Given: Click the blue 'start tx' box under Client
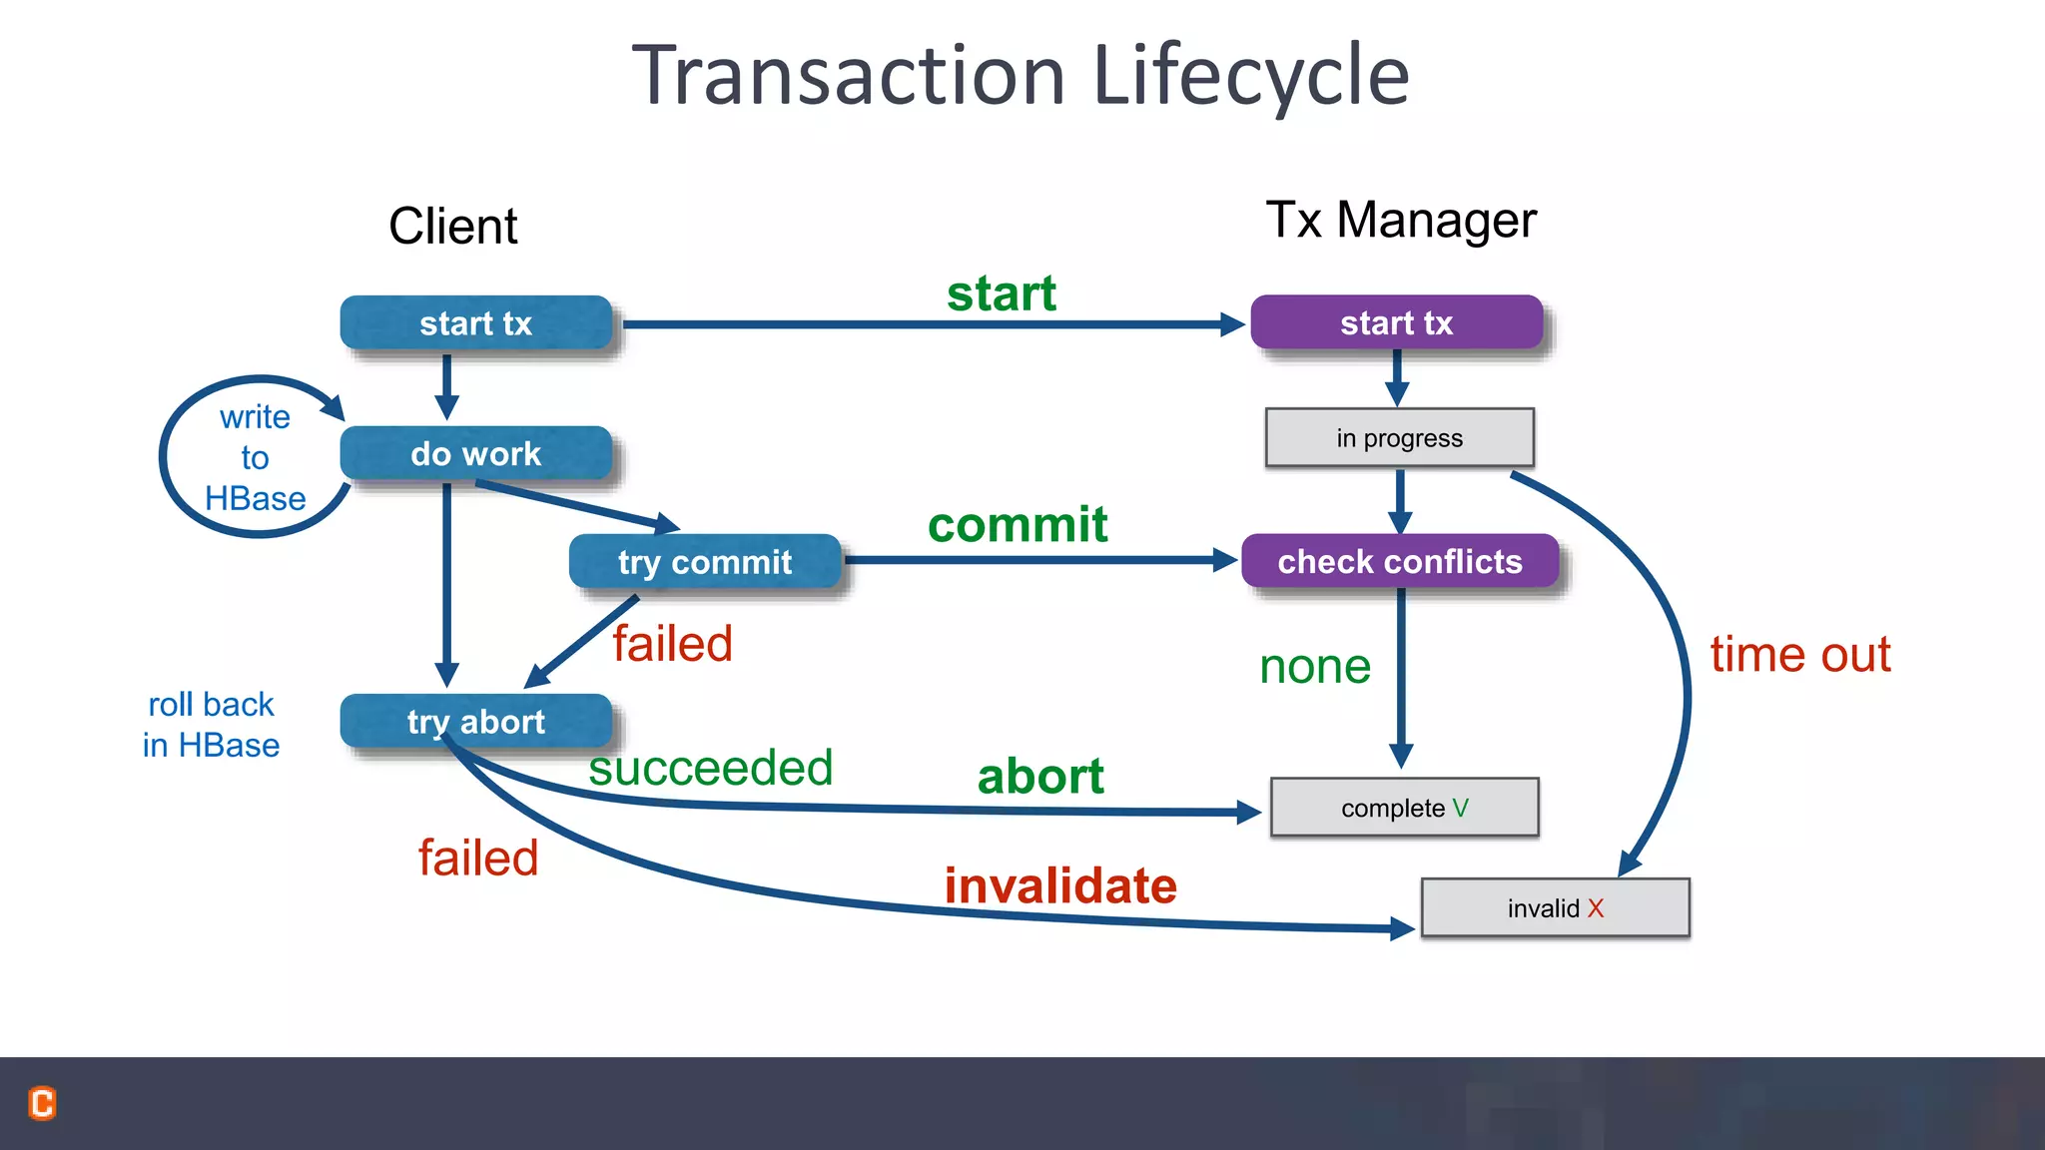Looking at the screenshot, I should coord(475,323).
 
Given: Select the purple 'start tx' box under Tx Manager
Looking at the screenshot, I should coord(1396,322).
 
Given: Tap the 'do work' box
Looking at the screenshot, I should coord(475,454).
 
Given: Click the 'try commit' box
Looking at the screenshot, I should coord(705,562).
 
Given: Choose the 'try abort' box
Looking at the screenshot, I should coord(475,721).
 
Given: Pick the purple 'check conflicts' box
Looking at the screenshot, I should coord(1399,561).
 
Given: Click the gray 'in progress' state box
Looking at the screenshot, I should coord(1399,438).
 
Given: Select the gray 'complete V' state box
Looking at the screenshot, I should coord(1404,808).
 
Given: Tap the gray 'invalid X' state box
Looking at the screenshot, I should coord(1555,908).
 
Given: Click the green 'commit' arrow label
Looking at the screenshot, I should coord(1017,525).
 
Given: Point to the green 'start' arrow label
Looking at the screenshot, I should coord(1001,293).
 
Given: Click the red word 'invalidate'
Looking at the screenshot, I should coord(1060,886).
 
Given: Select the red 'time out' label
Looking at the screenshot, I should coord(1799,655).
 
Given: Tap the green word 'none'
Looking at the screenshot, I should coord(1315,667).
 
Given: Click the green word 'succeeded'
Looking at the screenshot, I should coord(710,769).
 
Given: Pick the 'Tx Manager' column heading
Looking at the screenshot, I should coord(1400,220).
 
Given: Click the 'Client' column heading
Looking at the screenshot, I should coord(452,226).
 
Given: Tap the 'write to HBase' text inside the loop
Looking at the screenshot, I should coord(255,457).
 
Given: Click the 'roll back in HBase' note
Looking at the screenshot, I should coord(211,725).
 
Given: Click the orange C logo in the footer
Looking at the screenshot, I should coord(42,1103).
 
